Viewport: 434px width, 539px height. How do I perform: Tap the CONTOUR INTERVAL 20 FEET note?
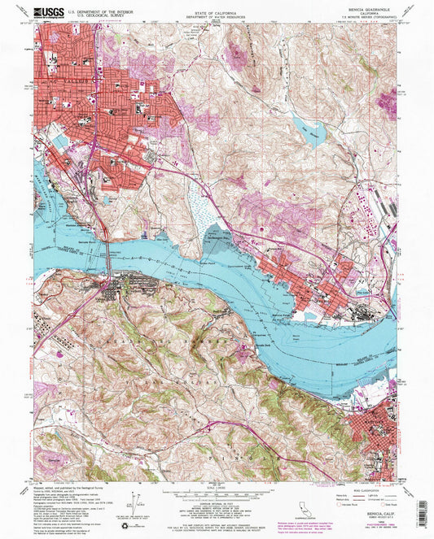pos(216,505)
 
